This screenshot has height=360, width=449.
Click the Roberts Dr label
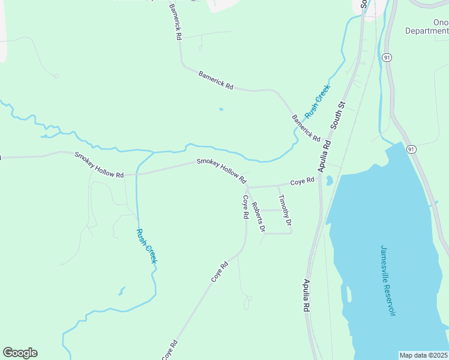[258, 217]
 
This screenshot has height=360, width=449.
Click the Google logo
[20, 353]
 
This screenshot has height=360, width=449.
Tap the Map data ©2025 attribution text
[423, 355]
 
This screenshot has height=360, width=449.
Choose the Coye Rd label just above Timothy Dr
[303, 181]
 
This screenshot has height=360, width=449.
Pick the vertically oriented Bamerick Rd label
[175, 22]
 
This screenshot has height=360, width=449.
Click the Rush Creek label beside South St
[318, 101]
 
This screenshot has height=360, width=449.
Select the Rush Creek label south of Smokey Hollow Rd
[146, 246]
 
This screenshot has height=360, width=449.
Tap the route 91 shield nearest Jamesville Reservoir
[411, 149]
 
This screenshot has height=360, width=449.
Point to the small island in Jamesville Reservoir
[349, 295]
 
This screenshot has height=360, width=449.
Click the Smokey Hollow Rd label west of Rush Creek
[99, 164]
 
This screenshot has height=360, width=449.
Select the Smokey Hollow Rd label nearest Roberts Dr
[221, 171]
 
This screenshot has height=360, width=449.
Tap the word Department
[426, 31]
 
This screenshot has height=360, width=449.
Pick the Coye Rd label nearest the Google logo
[169, 350]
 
